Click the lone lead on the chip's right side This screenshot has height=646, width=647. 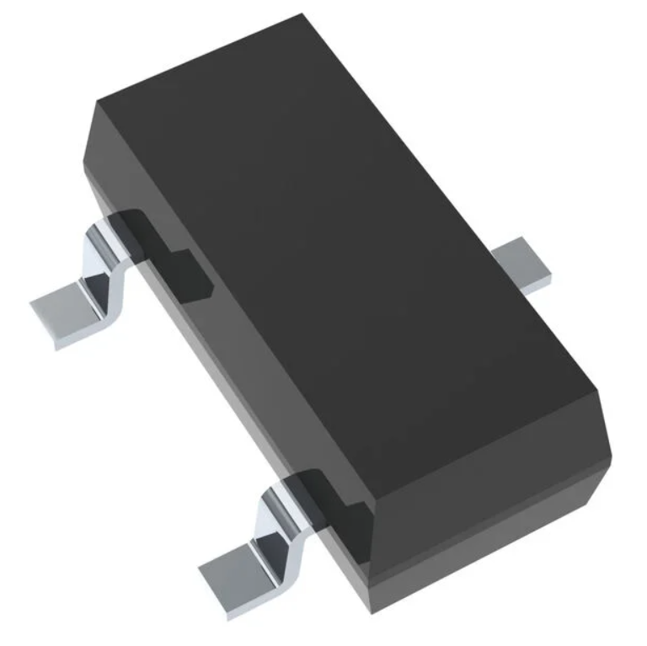coord(523,264)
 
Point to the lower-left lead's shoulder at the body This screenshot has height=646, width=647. coord(281,489)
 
